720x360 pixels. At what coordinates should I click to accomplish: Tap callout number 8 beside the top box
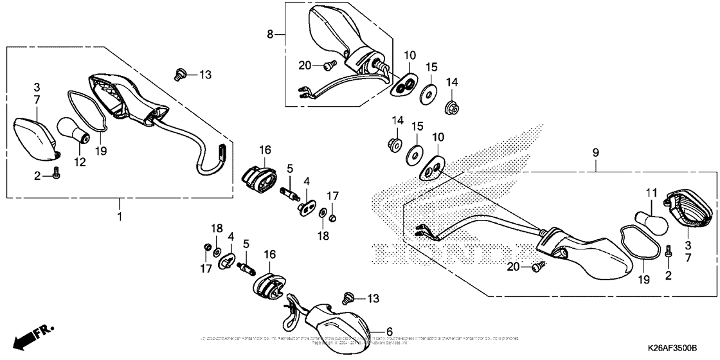(271, 33)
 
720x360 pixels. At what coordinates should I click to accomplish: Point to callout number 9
(595, 152)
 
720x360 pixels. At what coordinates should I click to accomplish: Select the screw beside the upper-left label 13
(180, 75)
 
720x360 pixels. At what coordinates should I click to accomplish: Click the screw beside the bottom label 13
(348, 298)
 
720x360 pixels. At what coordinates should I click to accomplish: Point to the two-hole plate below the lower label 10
(431, 168)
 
